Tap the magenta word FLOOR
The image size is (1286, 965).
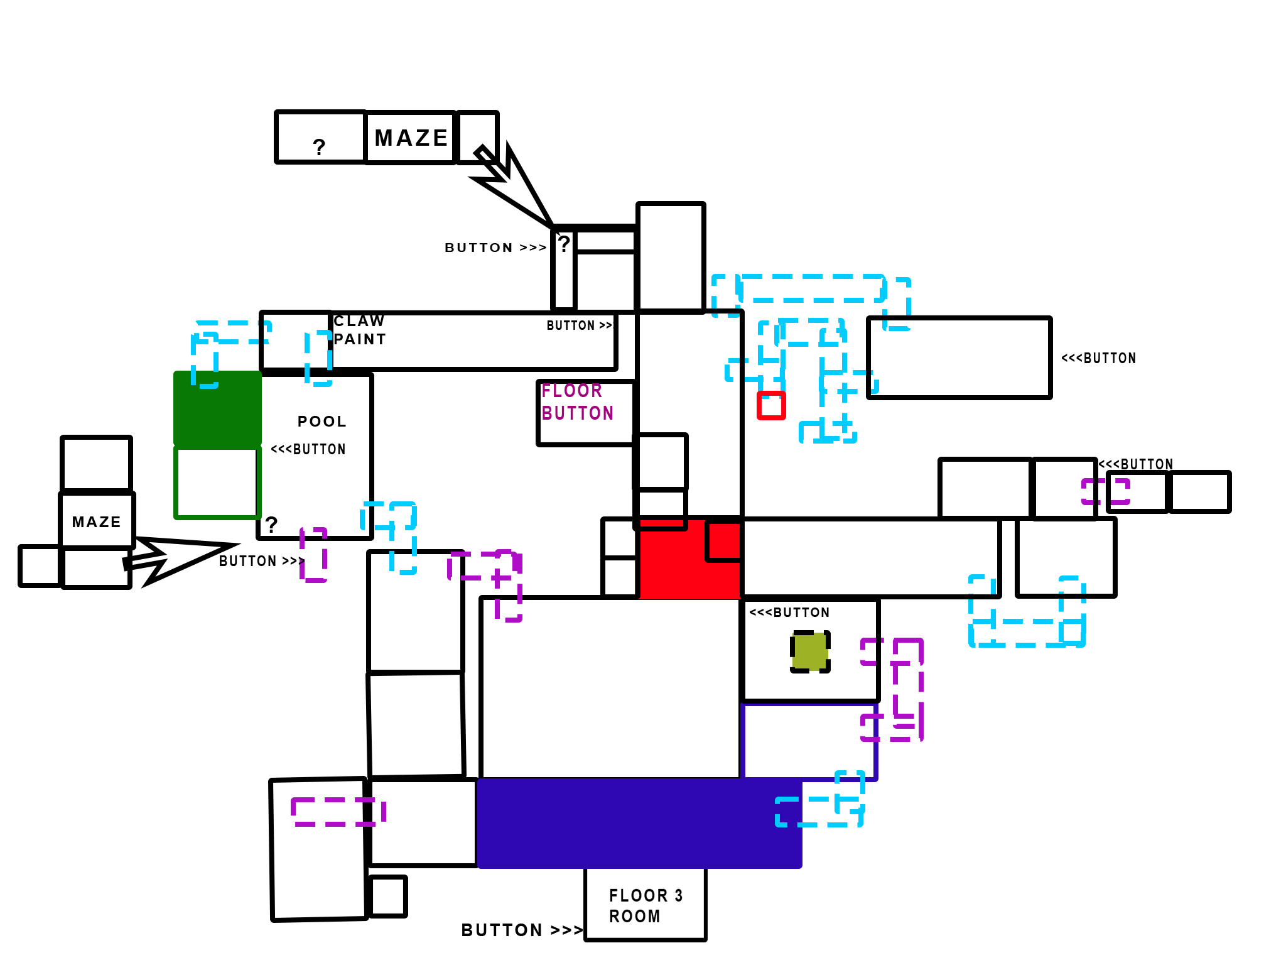(571, 391)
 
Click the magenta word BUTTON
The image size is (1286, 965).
(577, 413)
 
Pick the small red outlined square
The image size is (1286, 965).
(771, 406)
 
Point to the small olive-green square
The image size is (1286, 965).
(810, 652)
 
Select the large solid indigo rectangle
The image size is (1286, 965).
(628, 824)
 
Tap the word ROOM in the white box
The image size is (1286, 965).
(634, 917)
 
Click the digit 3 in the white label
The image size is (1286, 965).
(679, 896)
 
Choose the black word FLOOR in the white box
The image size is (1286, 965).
(638, 896)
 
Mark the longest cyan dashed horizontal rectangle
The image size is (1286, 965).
(811, 288)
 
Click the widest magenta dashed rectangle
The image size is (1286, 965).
(338, 812)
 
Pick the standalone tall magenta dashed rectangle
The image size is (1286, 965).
(313, 555)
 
